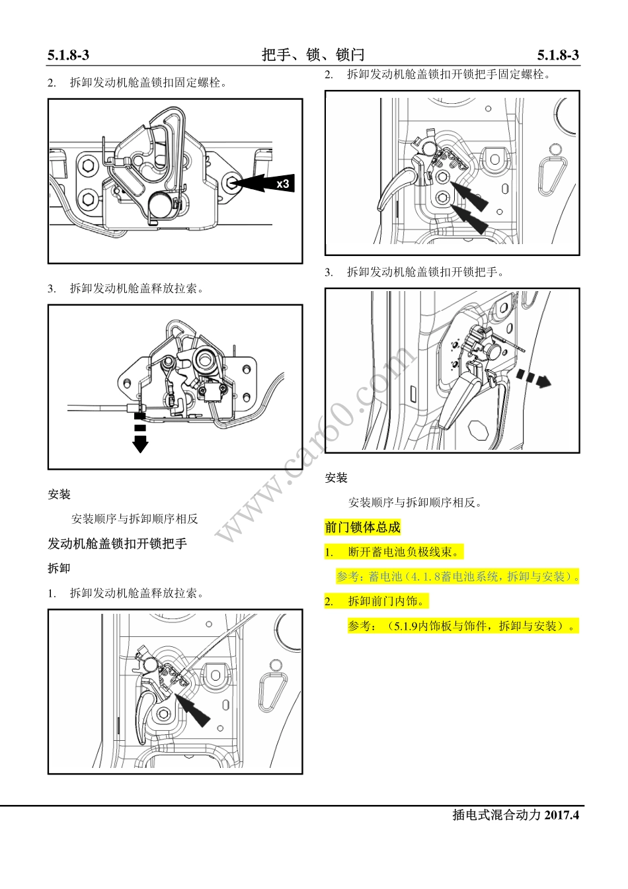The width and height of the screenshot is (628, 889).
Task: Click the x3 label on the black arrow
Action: pyautogui.click(x=282, y=183)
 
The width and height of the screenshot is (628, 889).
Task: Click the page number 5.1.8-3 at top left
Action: pyautogui.click(x=68, y=56)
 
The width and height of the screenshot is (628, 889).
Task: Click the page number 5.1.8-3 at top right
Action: pyautogui.click(x=558, y=56)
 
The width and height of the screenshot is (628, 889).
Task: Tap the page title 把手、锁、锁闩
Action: pyautogui.click(x=313, y=55)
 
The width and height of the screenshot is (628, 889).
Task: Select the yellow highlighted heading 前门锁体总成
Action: pyautogui.click(x=362, y=527)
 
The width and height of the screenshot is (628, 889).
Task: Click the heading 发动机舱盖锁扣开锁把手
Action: pyautogui.click(x=117, y=544)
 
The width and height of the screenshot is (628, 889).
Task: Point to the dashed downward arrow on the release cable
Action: pyautogui.click(x=139, y=434)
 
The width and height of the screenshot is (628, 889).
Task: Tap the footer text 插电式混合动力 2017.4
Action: pyautogui.click(x=515, y=815)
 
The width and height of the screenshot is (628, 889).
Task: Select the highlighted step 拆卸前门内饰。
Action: pyautogui.click(x=387, y=601)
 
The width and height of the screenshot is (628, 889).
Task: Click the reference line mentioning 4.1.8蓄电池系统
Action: pyautogui.click(x=457, y=576)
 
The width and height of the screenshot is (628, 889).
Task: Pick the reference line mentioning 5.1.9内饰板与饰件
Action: pyautogui.click(x=463, y=626)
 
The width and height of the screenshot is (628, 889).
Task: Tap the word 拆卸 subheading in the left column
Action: pyautogui.click(x=59, y=568)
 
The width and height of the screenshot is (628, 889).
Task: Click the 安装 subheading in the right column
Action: pyautogui.click(x=336, y=478)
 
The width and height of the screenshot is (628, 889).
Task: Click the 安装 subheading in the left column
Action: pyautogui.click(x=59, y=494)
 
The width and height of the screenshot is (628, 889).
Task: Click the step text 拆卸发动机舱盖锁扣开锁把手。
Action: pyautogui.click(x=425, y=272)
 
